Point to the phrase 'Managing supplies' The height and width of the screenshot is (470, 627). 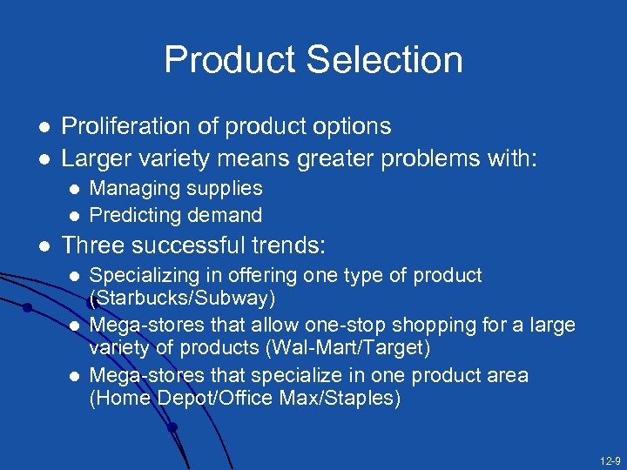[176, 188]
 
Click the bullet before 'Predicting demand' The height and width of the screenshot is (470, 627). [74, 215]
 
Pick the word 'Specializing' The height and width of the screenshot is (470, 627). [137, 276]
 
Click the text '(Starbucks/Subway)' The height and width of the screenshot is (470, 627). [183, 299]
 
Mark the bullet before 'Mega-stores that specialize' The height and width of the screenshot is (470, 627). [74, 375]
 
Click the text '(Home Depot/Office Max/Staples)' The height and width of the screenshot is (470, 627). [246, 398]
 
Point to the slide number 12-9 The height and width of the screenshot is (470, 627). [609, 460]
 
